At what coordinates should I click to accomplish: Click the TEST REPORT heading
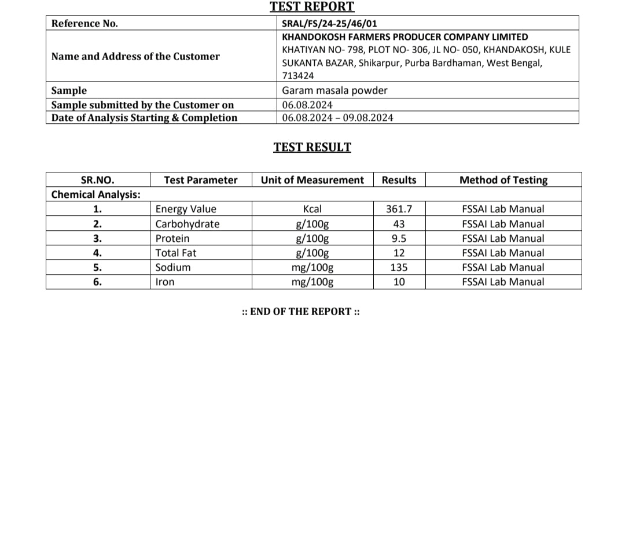[x=312, y=7]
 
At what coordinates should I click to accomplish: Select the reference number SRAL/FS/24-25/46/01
[x=329, y=24]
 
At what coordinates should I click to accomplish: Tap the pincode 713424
[x=298, y=76]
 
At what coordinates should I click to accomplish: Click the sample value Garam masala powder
[x=334, y=90]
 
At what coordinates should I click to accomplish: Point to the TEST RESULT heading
[x=312, y=147]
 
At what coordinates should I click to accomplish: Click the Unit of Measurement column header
[x=312, y=180]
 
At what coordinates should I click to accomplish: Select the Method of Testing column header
[x=503, y=180]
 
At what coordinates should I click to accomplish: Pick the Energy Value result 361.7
[x=399, y=209]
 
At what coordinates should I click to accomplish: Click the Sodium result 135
[x=399, y=267]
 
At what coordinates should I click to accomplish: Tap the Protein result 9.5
[x=399, y=238]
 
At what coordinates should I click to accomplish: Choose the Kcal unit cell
[x=312, y=209]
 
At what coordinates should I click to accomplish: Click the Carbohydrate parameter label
[x=187, y=224]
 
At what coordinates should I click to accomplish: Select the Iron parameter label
[x=165, y=282]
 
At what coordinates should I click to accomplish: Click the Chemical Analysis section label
[x=96, y=194]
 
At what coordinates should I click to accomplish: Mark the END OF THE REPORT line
[x=301, y=311]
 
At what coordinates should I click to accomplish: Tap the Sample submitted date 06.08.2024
[x=307, y=105]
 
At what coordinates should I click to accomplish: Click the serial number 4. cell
[x=97, y=253]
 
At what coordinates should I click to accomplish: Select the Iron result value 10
[x=399, y=282]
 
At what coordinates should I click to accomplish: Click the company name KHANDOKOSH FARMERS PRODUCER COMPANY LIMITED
[x=405, y=36]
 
